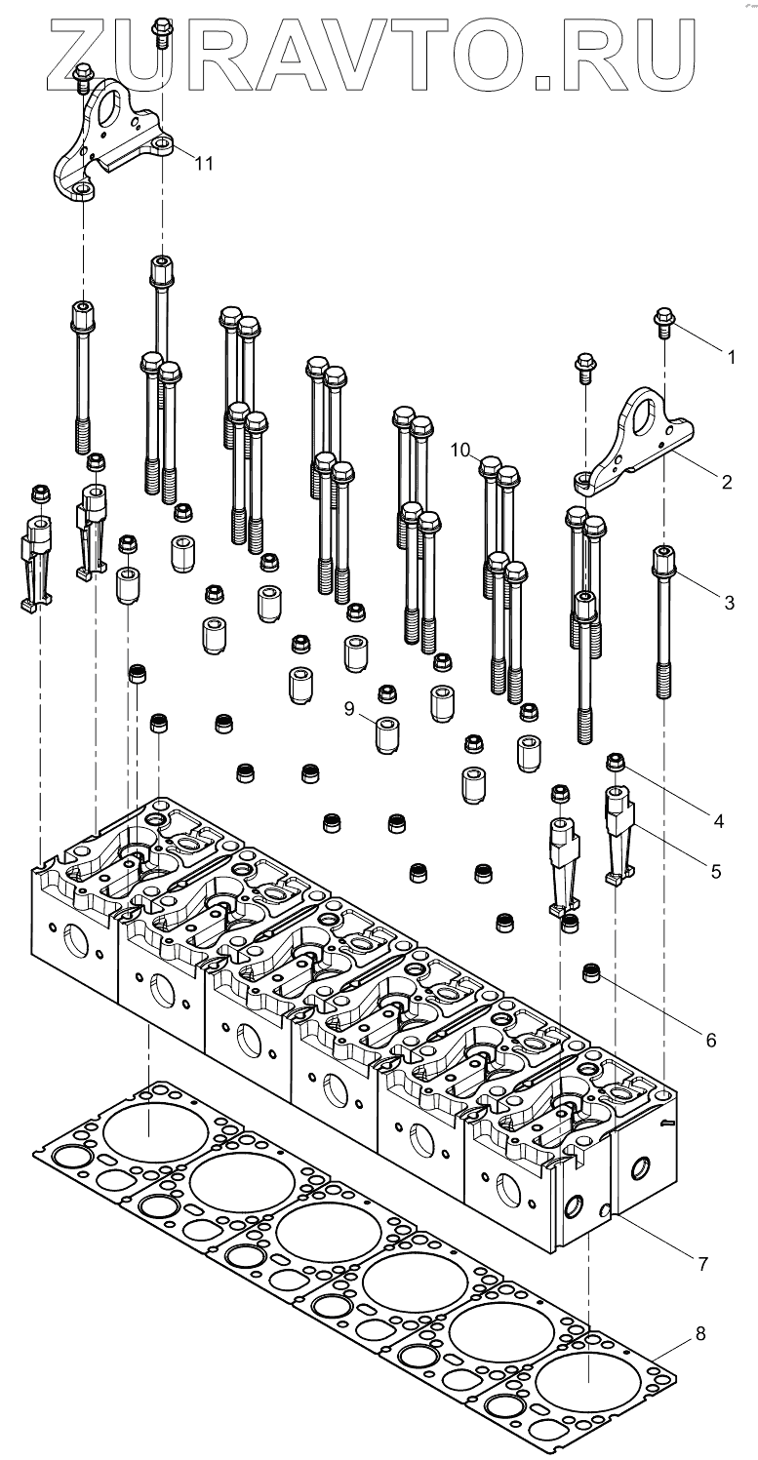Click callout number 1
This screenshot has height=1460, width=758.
731,357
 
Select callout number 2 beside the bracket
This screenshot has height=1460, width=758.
726,481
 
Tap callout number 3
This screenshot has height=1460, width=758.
729,602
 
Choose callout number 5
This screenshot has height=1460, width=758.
716,871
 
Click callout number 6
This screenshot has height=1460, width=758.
711,1040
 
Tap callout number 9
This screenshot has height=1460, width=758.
350,710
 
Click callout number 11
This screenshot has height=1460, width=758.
203,163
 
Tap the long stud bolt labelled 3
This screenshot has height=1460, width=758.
663,624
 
